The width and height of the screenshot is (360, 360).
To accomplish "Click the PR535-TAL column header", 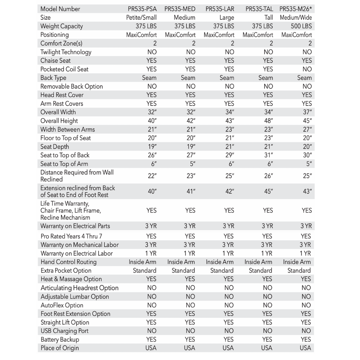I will [259, 9].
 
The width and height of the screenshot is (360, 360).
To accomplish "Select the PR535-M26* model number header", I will [296, 9].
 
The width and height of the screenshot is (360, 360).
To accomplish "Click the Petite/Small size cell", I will [142, 18].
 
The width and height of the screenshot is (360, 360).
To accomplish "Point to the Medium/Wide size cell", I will [296, 18].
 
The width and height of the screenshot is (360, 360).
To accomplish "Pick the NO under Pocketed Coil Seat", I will [307, 69].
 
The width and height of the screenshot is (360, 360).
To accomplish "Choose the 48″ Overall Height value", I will [268, 121].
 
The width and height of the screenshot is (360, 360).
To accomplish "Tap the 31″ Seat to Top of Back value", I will [268, 155].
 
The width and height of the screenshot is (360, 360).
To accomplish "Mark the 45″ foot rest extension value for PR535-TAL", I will [268, 192].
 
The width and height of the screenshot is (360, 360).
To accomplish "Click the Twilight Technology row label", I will [66, 52].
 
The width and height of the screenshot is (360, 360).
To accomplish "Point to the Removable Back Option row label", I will [71, 87].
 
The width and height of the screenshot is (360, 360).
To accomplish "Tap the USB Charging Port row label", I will [64, 331].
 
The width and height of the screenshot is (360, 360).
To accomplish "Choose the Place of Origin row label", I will [60, 348].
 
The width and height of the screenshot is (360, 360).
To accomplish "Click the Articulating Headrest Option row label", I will [79, 288].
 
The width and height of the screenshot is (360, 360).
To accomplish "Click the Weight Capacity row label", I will [61, 26].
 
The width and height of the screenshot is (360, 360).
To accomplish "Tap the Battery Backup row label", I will [60, 340].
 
